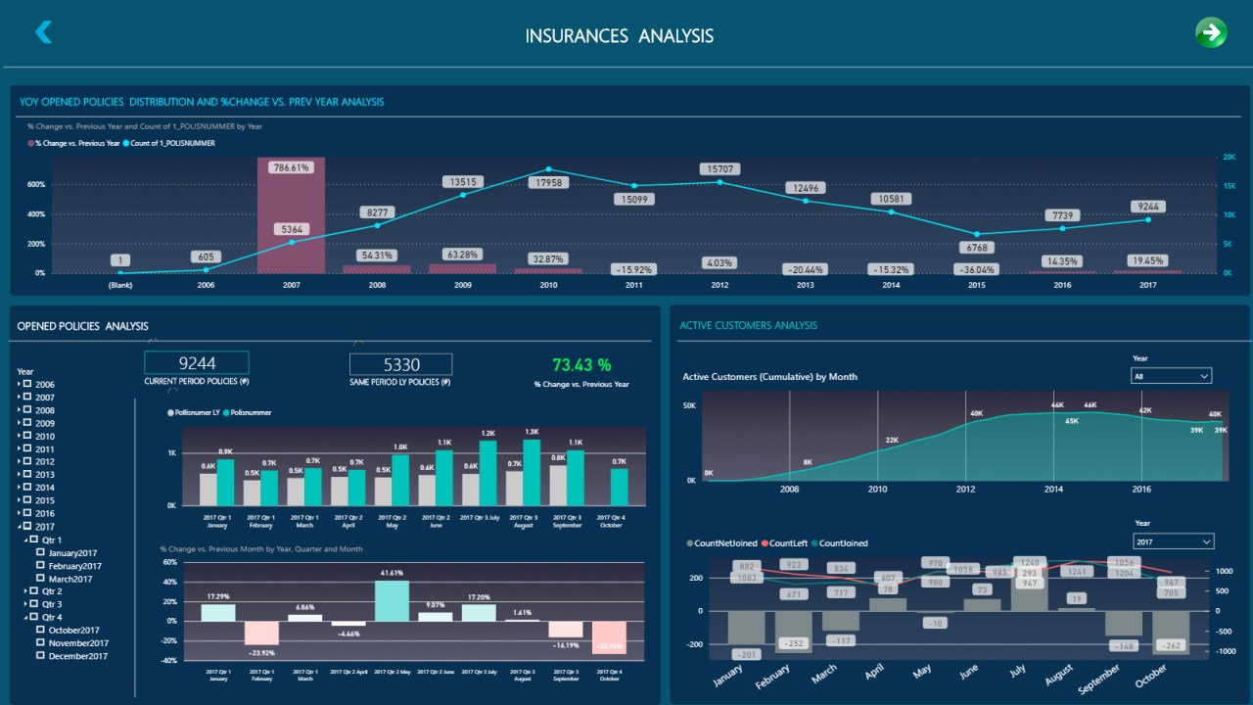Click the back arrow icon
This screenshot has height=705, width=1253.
tap(43, 32)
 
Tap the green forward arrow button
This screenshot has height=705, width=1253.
tap(1211, 32)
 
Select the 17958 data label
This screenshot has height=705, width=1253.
tap(547, 182)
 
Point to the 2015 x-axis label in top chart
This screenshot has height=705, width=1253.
tap(976, 286)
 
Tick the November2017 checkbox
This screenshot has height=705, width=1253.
tap(40, 643)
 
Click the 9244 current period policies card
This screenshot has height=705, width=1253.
tap(197, 363)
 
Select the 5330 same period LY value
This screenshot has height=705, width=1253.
tap(401, 364)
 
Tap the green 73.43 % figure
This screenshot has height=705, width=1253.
tap(581, 365)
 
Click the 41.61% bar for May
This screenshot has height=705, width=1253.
tap(392, 600)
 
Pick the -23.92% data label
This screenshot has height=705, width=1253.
tap(260, 653)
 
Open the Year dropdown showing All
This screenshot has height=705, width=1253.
tap(1172, 376)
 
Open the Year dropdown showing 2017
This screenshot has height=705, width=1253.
tap(1173, 541)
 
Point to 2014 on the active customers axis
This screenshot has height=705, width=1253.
tap(1053, 489)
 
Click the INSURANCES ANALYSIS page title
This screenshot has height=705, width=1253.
tap(619, 36)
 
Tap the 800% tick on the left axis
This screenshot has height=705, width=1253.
tap(36, 156)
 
